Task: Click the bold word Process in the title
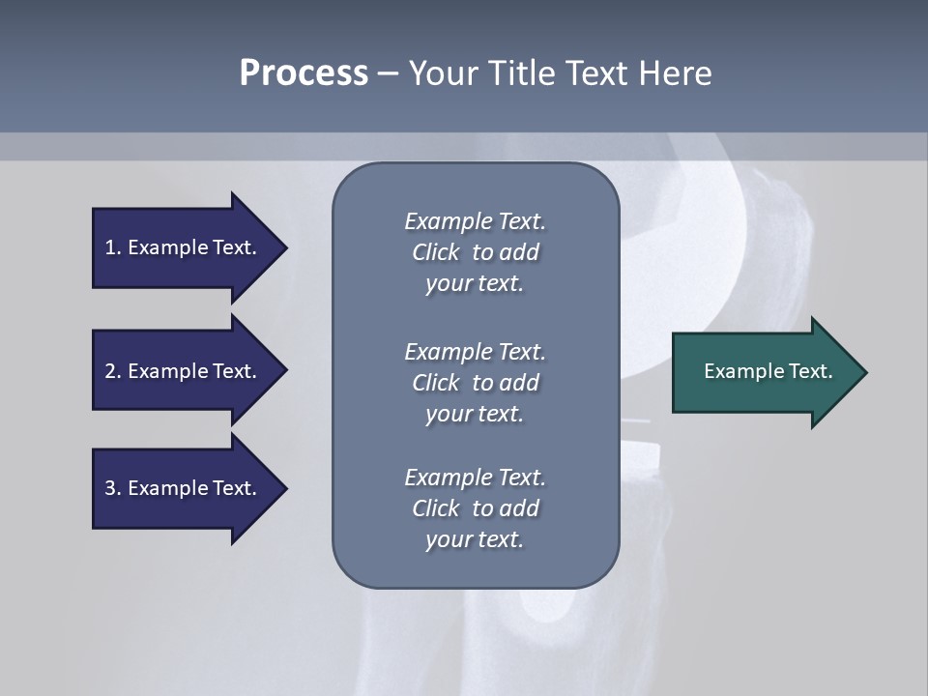click(304, 73)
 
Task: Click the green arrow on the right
click(764, 372)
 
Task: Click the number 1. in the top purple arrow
click(113, 247)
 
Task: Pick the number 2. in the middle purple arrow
click(113, 371)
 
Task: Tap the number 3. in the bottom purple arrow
click(113, 488)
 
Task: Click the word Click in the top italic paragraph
click(435, 252)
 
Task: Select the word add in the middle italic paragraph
click(518, 383)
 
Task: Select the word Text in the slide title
click(594, 73)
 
